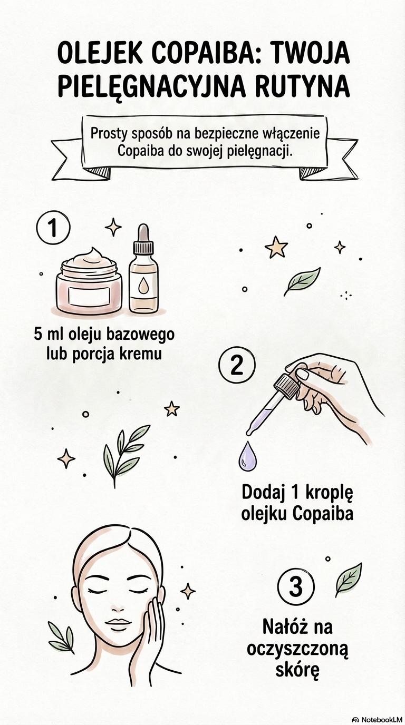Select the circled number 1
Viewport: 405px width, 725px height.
tap(53, 228)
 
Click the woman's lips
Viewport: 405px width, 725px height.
tap(119, 624)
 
